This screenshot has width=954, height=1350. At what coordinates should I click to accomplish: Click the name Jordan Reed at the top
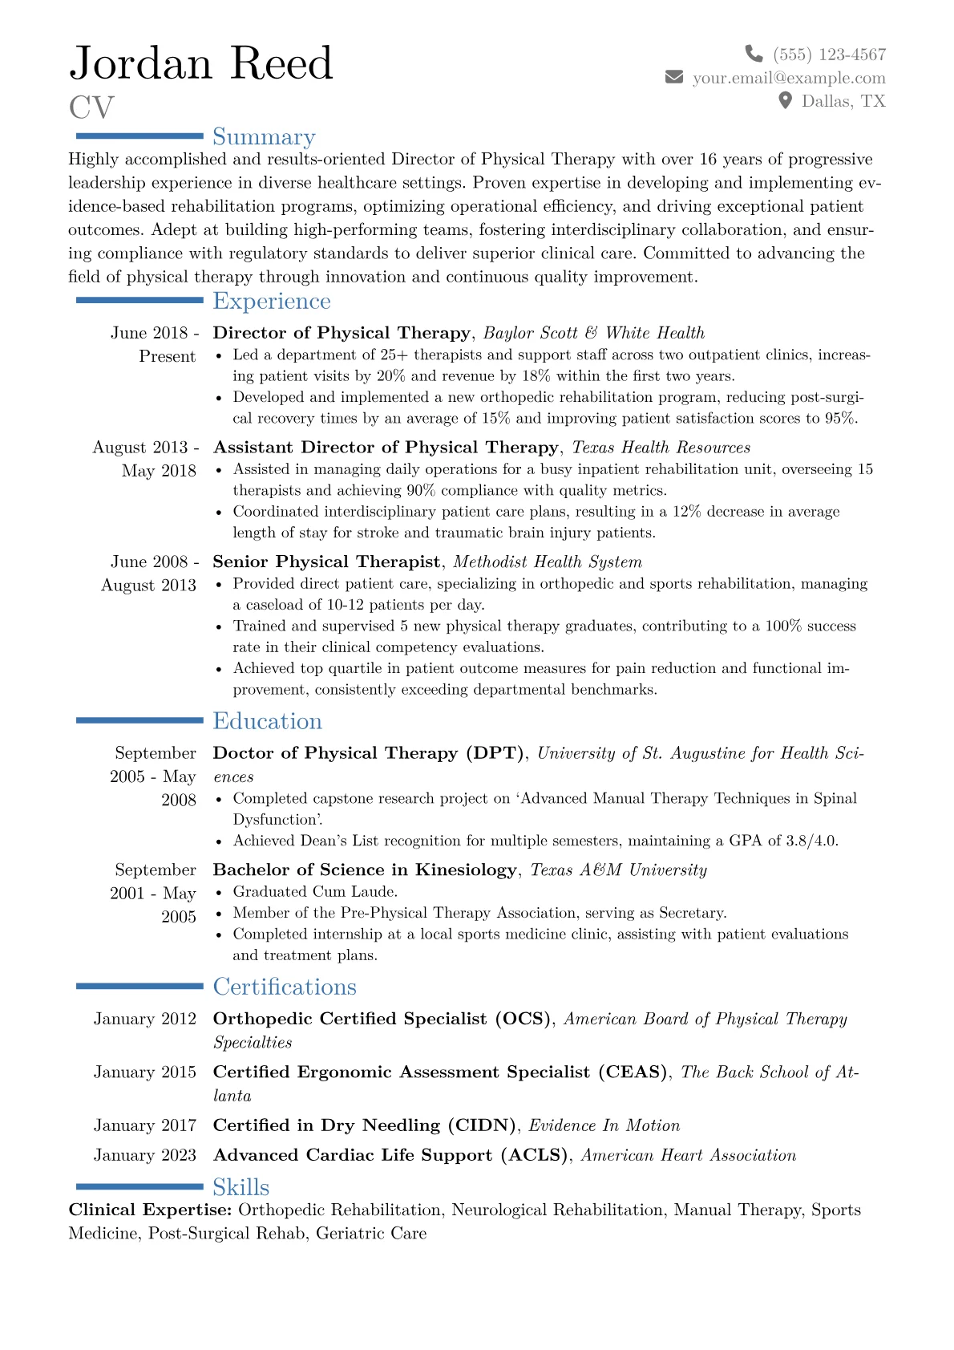[x=201, y=63]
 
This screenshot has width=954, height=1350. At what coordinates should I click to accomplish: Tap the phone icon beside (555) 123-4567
[x=754, y=54]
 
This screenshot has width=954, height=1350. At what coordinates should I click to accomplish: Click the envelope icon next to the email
[x=674, y=77]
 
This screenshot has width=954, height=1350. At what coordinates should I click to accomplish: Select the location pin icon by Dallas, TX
[x=786, y=100]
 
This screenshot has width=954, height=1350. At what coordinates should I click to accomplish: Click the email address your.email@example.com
[x=789, y=78]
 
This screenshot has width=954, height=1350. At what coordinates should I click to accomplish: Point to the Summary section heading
[x=264, y=137]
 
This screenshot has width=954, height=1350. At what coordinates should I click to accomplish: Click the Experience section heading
[x=272, y=301]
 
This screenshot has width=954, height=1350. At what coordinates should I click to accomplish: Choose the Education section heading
[x=267, y=721]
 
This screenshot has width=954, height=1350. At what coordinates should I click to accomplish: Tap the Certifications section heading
[x=285, y=987]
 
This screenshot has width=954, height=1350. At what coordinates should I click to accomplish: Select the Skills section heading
[x=241, y=1187]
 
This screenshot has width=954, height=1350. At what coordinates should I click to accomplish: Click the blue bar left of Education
[x=139, y=721]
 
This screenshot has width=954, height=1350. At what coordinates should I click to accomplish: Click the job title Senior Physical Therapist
[x=326, y=561]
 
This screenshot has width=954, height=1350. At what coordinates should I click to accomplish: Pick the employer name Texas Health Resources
[x=661, y=448]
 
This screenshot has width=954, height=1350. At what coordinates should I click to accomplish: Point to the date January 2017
[x=145, y=1125]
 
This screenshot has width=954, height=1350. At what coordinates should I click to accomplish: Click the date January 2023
[x=145, y=1155]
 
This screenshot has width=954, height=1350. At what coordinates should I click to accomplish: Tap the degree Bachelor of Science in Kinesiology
[x=365, y=870]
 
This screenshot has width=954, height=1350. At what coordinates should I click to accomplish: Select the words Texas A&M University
[x=619, y=870]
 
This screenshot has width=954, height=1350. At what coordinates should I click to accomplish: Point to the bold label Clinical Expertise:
[x=151, y=1210]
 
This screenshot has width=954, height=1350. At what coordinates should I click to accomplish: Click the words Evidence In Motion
[x=604, y=1125]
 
